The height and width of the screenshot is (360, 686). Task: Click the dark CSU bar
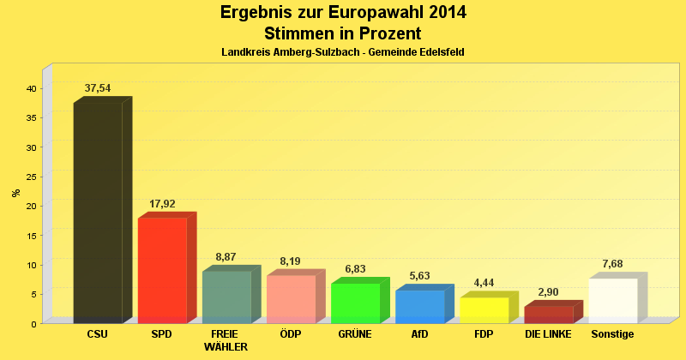[x=98, y=213]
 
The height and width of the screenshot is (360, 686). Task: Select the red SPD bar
[x=162, y=270]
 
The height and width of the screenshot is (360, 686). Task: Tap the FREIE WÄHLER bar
[x=226, y=297]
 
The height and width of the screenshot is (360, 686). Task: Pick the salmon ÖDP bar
[x=291, y=299]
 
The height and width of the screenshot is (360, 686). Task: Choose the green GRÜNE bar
[x=355, y=303]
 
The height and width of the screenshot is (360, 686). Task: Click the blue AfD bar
[x=419, y=306]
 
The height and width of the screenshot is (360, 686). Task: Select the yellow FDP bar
[x=484, y=309]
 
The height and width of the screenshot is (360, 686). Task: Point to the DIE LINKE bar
[x=548, y=315]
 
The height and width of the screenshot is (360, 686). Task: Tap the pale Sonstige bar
[x=612, y=300]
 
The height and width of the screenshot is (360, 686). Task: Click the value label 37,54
[x=98, y=88]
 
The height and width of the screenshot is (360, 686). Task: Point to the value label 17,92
[x=162, y=204]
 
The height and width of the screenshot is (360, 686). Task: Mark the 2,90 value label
[x=548, y=292]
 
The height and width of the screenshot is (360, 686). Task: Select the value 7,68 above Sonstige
[x=612, y=264]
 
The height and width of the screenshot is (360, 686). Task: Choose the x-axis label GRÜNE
[x=354, y=333]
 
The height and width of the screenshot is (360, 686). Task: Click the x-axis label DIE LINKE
[x=548, y=333]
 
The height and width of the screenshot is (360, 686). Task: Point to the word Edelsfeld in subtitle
[x=440, y=52]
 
